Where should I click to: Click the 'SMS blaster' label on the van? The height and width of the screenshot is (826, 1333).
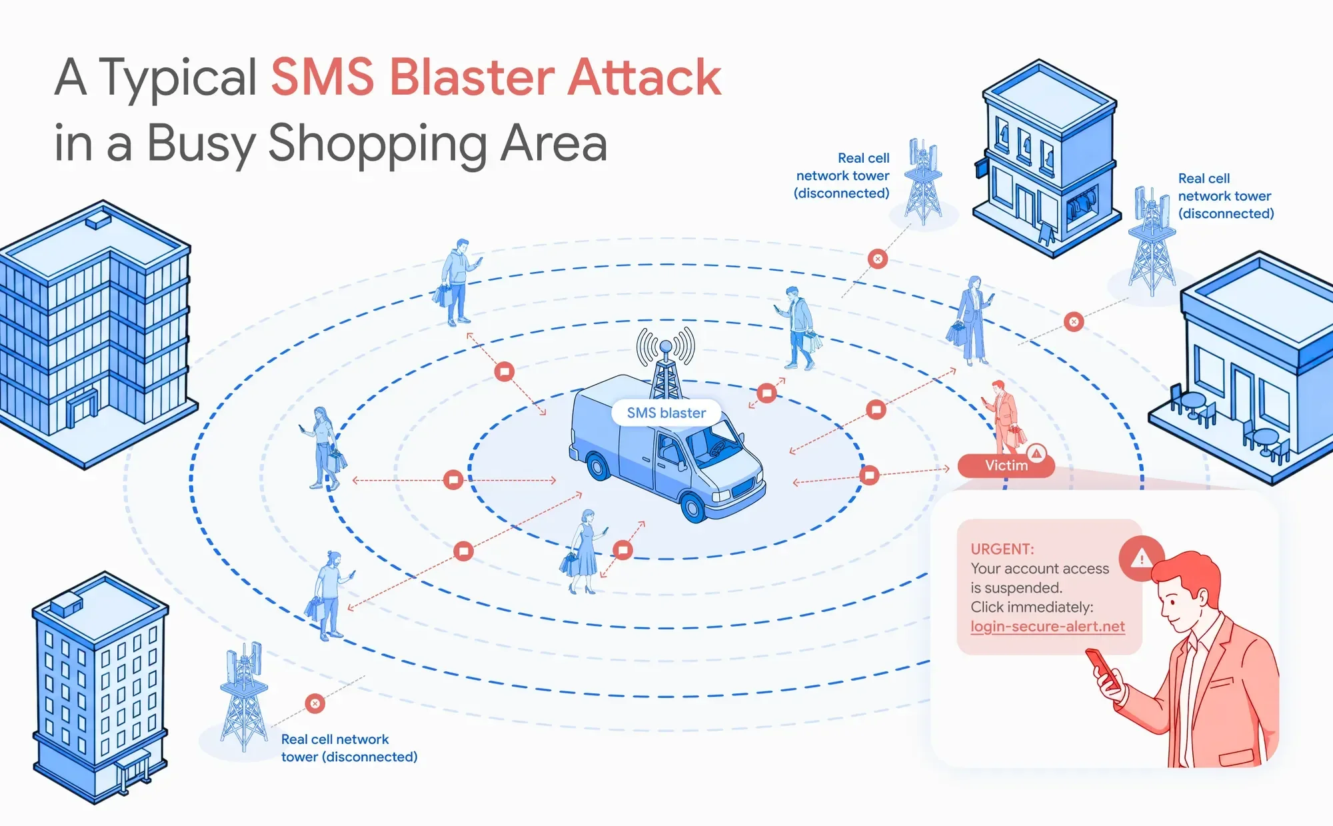666,413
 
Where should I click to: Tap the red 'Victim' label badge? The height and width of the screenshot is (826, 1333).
1005,465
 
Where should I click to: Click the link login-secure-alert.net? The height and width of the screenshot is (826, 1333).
1047,627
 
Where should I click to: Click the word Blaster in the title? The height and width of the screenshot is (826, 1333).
472,77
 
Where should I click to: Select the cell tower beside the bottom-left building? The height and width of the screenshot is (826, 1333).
244,696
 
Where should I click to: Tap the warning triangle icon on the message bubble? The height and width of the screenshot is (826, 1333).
1141,557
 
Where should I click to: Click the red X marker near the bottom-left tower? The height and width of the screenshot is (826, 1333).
315,703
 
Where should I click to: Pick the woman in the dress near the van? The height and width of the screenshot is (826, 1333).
584,551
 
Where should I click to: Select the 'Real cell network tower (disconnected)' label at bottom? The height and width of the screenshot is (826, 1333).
349,748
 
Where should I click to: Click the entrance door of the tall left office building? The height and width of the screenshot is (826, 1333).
83,407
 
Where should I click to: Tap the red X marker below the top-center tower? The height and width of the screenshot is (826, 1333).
878,259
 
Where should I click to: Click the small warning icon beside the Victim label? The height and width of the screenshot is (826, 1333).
1036,453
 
